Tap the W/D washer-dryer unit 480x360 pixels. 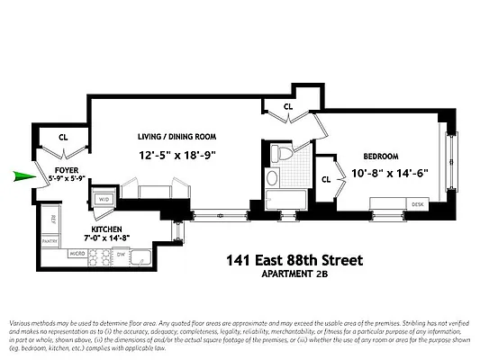pos(104,200)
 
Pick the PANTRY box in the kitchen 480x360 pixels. pos(50,240)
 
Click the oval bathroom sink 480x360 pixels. pos(272,178)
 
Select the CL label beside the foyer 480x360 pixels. pos(63,138)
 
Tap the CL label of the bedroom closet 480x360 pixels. pos(326,178)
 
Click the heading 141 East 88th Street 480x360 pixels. pos(294,261)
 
